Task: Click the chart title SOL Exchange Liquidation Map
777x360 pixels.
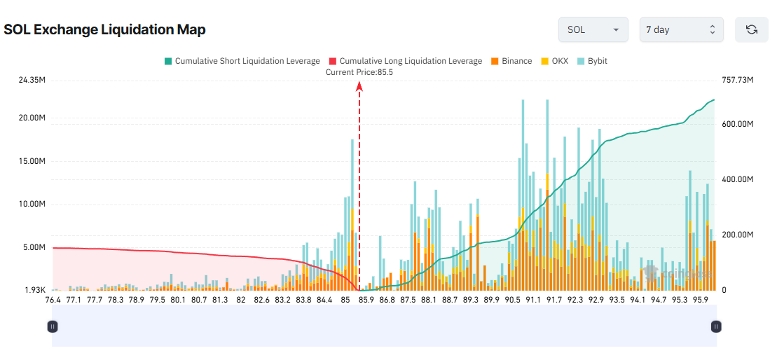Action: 104,29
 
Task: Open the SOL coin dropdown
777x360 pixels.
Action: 593,29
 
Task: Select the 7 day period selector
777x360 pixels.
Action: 681,29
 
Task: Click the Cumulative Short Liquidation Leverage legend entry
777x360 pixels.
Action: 242,61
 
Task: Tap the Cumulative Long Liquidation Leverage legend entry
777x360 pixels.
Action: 406,61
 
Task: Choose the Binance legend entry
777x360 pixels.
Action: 511,61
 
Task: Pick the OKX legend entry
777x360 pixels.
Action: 554,61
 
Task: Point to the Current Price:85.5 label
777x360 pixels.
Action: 359,71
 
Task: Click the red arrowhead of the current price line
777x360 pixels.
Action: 359,86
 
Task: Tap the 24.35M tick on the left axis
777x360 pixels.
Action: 32,81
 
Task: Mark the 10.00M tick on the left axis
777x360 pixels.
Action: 32,205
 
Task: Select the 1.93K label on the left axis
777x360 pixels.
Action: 34,290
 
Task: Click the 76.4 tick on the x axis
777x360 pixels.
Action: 53,300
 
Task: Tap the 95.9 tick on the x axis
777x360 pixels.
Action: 701,300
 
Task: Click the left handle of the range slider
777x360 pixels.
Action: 53,326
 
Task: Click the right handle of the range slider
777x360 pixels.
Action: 716,326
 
